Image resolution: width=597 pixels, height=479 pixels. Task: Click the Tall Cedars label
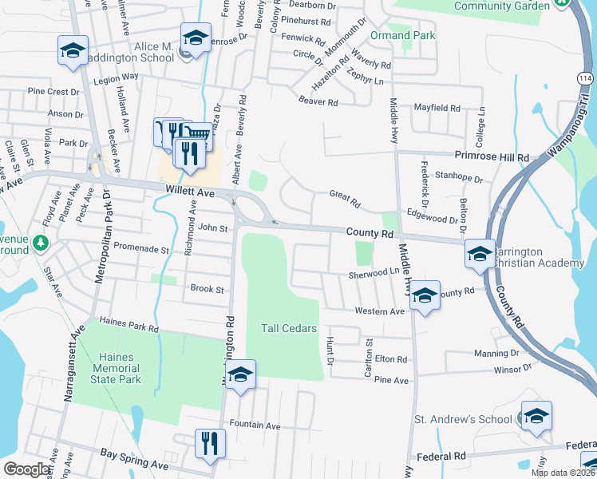pyautogui.click(x=288, y=328)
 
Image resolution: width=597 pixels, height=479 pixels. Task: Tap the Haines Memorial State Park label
pyautogui.click(x=120, y=368)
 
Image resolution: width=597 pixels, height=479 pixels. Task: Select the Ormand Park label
pyautogui.click(x=403, y=36)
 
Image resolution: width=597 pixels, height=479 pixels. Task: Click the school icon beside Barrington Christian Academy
pyautogui.click(x=480, y=254)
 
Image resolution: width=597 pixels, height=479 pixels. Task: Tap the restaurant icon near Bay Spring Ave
pyautogui.click(x=210, y=443)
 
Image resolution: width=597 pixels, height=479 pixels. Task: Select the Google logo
pyautogui.click(x=26, y=470)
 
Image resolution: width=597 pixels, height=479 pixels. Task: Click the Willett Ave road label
pyautogui.click(x=190, y=192)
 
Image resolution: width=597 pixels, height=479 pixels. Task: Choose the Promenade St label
pyautogui.click(x=142, y=249)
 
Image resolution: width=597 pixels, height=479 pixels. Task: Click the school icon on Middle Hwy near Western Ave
pyautogui.click(x=425, y=295)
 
